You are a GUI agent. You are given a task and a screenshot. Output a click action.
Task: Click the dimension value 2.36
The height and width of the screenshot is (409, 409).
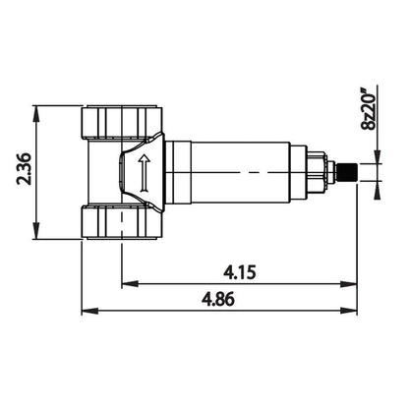pyautogui.click(x=21, y=170)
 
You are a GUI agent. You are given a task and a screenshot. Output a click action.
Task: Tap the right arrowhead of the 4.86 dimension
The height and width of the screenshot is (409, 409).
pyautogui.click(x=350, y=313)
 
